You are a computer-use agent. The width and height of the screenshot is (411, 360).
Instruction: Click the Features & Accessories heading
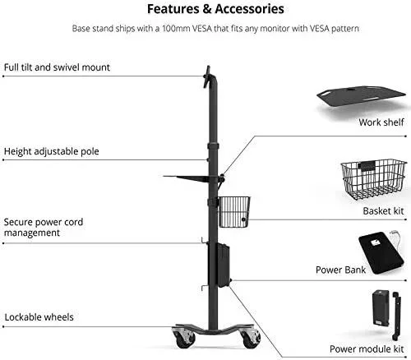pos(215,9)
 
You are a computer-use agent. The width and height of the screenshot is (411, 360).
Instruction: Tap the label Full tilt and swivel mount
pos(57,67)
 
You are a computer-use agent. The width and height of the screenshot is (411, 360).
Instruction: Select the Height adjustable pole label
pos(51,151)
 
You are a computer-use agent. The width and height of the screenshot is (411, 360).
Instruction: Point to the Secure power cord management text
pos(44,228)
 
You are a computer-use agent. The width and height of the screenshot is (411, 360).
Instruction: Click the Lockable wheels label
pos(39,317)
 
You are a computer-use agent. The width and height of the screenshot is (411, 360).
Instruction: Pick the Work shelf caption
pos(381,122)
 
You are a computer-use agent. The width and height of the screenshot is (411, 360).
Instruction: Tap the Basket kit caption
pos(383,211)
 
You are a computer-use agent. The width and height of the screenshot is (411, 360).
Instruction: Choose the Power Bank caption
pos(340,270)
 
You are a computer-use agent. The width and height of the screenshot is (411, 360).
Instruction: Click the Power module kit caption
pos(367,349)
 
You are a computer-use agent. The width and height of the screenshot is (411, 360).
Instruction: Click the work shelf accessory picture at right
pos(361,99)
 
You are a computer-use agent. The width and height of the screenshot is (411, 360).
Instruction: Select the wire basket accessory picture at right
pos(373,180)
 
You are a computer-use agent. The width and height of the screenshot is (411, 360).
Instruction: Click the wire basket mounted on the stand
pos(234,212)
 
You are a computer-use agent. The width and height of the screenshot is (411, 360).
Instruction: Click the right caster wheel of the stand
pos(250,339)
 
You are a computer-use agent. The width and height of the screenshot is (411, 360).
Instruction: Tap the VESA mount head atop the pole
pos(207,77)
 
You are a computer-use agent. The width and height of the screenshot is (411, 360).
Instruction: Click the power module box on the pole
pos(224,265)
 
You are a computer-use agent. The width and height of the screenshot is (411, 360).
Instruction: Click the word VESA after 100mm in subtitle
pos(201,28)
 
